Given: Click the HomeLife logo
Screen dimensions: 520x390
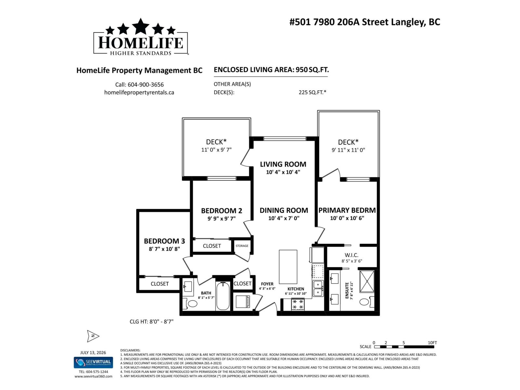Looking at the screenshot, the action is coord(141,37).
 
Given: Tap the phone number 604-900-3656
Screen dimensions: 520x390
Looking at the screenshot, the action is coord(146,84).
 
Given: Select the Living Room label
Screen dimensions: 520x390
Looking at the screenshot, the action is coord(283,164).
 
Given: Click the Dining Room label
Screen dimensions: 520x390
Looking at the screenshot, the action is coord(284,210).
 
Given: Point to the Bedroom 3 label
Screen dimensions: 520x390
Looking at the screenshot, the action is coord(164,241).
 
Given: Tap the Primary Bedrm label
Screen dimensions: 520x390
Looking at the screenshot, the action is coord(347,210).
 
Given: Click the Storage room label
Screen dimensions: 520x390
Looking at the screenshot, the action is coord(242,246).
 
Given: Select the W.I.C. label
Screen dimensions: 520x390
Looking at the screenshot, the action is coord(351,255).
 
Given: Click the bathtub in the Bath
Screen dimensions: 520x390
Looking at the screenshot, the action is coord(223,296).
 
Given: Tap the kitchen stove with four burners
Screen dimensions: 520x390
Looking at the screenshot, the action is coord(298,304).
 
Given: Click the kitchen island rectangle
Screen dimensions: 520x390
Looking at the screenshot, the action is coord(288,267).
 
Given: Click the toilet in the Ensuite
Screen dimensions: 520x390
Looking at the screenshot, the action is coord(367,302).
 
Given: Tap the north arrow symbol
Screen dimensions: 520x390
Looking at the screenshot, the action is coord(93,336).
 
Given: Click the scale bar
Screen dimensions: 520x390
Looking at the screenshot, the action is coord(404,347).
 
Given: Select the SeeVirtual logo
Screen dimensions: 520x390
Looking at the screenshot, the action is coord(93,362).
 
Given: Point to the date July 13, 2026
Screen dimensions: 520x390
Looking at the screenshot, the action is coord(93,353).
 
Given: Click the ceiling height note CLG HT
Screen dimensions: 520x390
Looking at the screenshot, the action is coord(151,321).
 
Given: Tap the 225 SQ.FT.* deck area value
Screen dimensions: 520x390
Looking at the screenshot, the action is coord(312,92).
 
